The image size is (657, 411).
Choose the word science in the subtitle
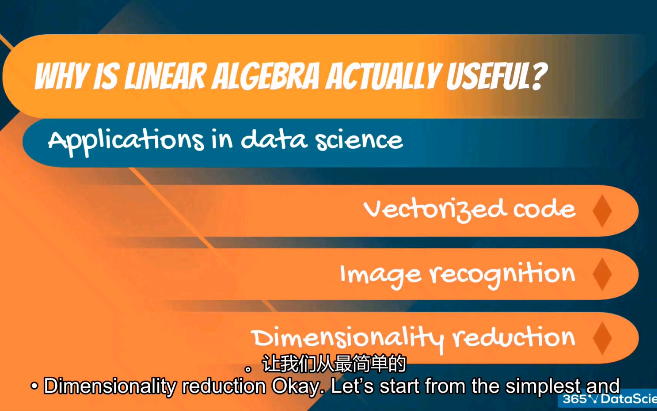[x=359, y=140]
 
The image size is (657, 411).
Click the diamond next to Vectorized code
[x=602, y=211]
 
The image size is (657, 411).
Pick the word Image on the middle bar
[x=381, y=275]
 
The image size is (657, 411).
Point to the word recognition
[x=502, y=274]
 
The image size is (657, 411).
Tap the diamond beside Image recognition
[x=602, y=274]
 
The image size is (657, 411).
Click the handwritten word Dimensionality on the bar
[x=347, y=338]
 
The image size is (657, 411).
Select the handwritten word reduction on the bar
[x=514, y=337]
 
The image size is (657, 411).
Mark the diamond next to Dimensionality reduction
[x=602, y=338]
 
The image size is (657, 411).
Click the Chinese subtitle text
[x=326, y=364]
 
